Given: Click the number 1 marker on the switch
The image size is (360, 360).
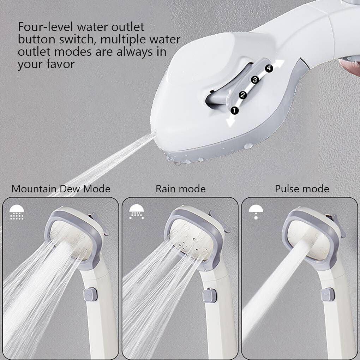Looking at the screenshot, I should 234,110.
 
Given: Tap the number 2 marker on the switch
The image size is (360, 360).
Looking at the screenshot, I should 242,95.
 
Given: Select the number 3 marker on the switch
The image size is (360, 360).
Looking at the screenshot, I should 255,80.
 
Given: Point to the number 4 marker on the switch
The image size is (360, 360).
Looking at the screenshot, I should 269,68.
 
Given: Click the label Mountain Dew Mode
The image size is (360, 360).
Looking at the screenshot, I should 61,189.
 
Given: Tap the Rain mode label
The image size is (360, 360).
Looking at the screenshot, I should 180,189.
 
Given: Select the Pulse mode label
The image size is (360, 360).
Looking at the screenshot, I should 302,189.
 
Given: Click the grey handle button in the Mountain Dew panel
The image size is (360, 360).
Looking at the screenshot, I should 90,294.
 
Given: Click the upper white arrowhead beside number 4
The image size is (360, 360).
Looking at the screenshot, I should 281,64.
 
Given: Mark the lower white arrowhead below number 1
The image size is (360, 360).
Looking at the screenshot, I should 230,122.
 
